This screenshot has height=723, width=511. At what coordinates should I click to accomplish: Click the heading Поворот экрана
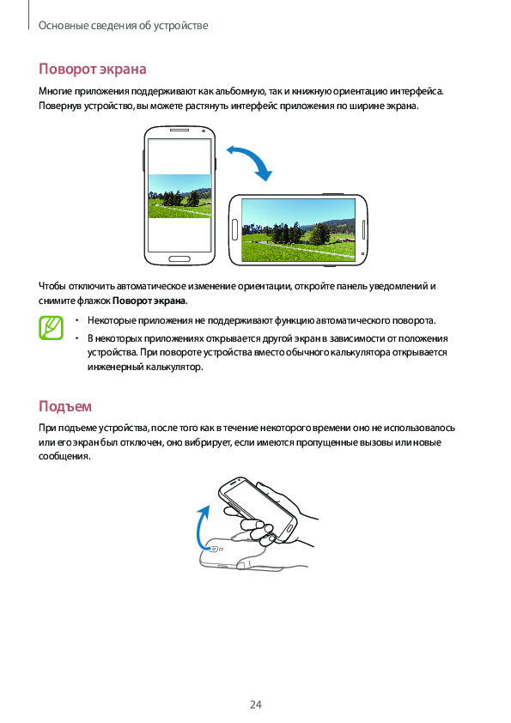coord(92,69)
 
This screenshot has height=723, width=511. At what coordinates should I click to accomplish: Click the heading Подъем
coord(65,406)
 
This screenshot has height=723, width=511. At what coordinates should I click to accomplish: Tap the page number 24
coord(256,704)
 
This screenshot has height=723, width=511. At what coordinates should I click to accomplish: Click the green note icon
coord(51,328)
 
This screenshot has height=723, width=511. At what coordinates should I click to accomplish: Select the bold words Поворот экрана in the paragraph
coord(149,301)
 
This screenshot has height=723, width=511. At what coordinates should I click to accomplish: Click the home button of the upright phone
coord(179,258)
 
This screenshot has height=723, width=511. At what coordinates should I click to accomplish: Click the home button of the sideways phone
coord(234,230)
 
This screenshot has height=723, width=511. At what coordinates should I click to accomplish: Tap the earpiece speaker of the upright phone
coord(179,131)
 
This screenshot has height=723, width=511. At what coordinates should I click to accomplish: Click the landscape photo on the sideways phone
coord(298,230)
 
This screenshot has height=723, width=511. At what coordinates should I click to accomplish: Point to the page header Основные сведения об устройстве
coord(123,26)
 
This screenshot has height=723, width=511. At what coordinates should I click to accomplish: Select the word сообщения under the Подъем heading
coord(64,456)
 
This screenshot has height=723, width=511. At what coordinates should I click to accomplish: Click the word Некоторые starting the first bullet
coord(112,320)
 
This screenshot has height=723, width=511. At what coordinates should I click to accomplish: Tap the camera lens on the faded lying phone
coord(215,550)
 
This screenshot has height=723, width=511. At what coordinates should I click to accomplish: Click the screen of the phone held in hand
coord(259,505)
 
